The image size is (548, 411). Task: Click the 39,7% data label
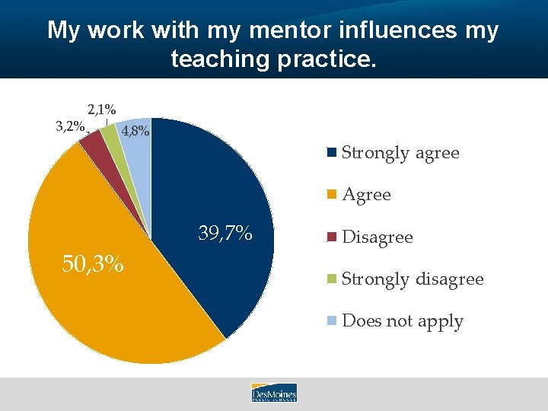click(225, 234)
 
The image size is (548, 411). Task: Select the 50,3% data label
click(92, 264)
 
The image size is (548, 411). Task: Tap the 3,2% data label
click(70, 126)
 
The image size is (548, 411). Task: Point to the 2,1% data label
click(101, 110)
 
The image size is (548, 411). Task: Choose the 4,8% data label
click(135, 131)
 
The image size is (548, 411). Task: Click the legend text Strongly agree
click(400, 153)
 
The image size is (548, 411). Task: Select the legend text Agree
click(366, 195)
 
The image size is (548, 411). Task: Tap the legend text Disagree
click(377, 237)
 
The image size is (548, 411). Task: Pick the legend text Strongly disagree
click(413, 279)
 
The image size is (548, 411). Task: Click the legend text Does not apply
click(403, 321)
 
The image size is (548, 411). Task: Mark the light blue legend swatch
click(332, 320)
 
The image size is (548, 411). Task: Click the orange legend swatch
click(332, 195)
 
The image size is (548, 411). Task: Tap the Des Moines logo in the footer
click(274, 393)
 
